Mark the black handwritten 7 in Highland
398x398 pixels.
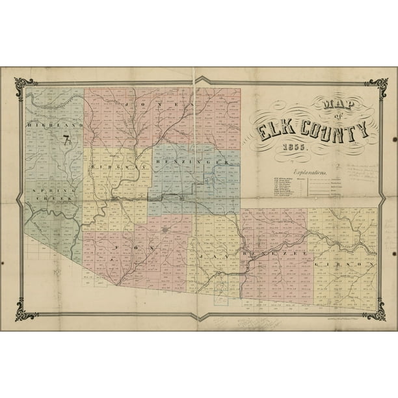pyautogui.click(x=66, y=138)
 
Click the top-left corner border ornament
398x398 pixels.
pyautogui.click(x=25, y=85)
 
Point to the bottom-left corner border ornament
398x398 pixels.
pyautogui.click(x=25, y=311)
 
